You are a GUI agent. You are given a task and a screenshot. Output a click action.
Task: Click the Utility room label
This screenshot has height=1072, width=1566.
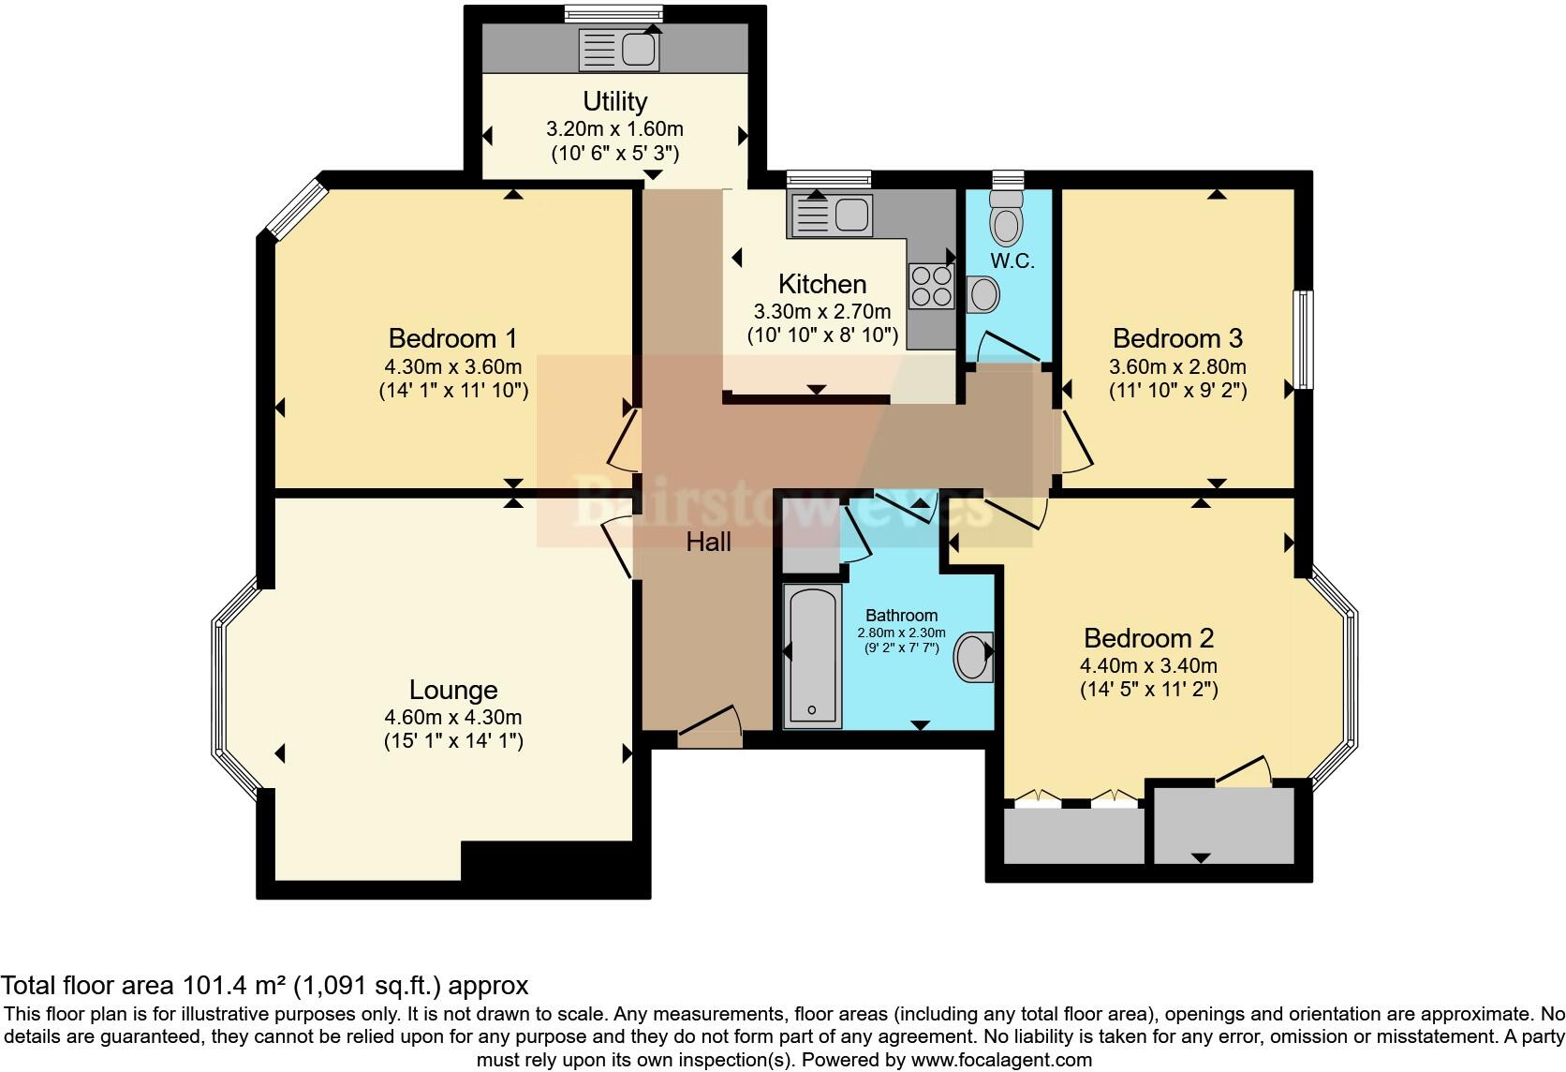(x=614, y=101)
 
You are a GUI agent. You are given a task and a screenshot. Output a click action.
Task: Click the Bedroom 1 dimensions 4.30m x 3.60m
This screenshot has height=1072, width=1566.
(x=452, y=366)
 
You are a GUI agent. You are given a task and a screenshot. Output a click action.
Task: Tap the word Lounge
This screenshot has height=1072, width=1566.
(x=453, y=691)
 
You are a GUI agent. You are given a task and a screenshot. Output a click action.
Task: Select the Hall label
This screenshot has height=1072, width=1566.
(x=708, y=542)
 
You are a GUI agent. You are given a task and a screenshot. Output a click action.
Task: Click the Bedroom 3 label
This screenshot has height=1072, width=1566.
(x=1177, y=338)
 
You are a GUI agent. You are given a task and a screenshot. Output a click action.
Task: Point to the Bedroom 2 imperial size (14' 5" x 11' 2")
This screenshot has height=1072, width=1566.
(x=1148, y=691)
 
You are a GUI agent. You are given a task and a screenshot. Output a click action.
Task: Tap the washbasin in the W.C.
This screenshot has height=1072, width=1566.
(x=983, y=295)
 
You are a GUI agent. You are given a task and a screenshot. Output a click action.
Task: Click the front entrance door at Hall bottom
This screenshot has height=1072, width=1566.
(x=709, y=730)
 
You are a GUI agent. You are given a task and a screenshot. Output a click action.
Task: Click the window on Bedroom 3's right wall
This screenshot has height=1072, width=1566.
(x=1303, y=339)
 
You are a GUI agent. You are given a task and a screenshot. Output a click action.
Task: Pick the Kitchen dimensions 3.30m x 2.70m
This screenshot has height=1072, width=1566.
(x=821, y=311)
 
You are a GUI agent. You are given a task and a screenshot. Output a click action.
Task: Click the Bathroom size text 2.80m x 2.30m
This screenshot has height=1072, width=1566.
(x=901, y=633)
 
